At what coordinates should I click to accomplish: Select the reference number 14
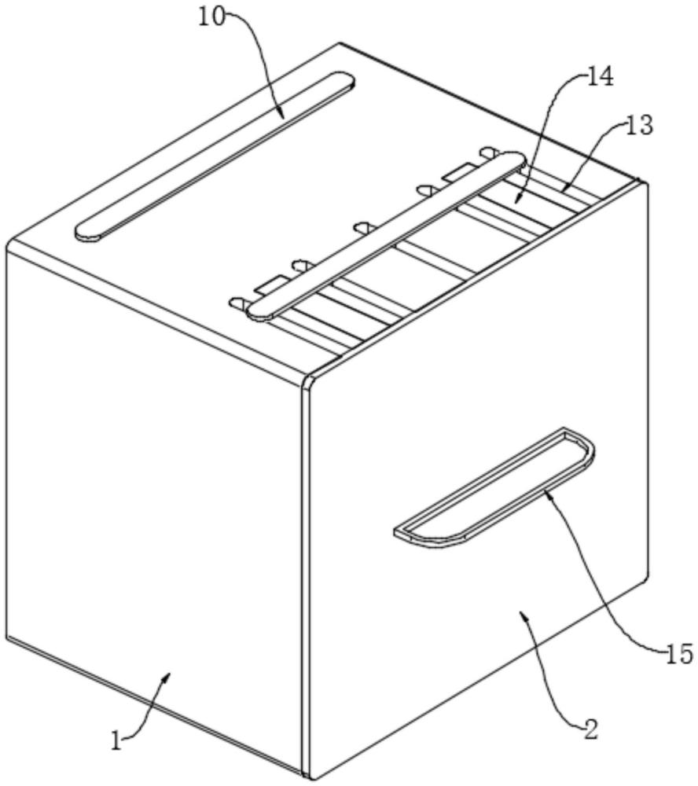tap(600, 78)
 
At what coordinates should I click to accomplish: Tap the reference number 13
tap(639, 126)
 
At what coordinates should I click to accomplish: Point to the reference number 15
tap(679, 654)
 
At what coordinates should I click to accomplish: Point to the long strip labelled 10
tap(215, 156)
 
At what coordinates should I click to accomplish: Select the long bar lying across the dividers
tap(387, 236)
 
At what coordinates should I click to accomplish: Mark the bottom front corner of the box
tap(310, 780)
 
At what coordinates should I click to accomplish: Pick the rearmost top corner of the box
tap(341, 43)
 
